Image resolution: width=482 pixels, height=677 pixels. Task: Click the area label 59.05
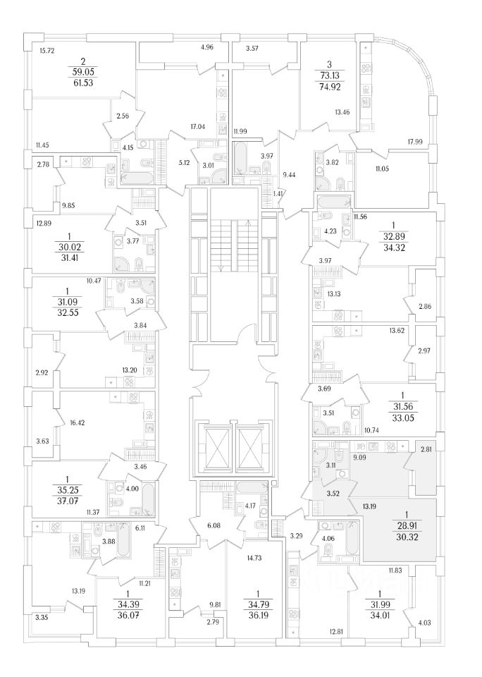82,71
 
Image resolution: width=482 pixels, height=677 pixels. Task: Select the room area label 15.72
47,51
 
